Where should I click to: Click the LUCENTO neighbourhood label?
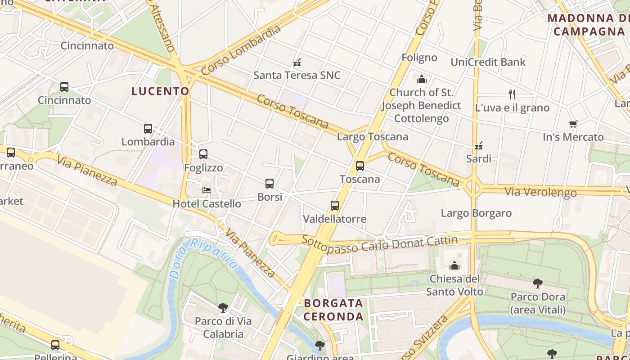tap(160, 91)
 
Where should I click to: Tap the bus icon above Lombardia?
tap(148, 129)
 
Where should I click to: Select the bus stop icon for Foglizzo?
tap(203, 154)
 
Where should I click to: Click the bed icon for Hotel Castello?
tap(207, 190)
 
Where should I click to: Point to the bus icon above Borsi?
tap(270, 184)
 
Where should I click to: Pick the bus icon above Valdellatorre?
tap(335, 206)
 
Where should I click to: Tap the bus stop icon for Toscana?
tap(360, 166)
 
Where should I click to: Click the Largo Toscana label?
tap(373, 136)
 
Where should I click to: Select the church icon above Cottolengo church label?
tap(422, 79)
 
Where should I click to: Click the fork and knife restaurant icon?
tap(512, 94)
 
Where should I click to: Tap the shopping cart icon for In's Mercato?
tap(573, 124)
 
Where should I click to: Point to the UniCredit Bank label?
tap(488, 62)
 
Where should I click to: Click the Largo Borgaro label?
tap(476, 213)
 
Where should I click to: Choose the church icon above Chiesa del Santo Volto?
tap(454, 265)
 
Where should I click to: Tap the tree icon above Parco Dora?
tap(538, 283)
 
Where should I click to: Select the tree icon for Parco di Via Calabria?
tap(223, 308)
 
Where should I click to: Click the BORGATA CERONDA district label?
tap(333, 310)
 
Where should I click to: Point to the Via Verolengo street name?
tap(540, 192)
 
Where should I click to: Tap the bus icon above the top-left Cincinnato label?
tap(64, 87)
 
